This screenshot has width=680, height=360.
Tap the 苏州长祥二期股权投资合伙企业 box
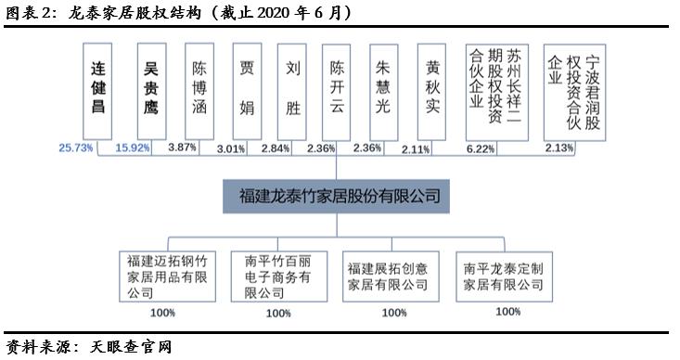[496, 90]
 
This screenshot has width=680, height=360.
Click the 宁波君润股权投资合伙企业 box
[575, 90]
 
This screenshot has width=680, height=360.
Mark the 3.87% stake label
[184, 148]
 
